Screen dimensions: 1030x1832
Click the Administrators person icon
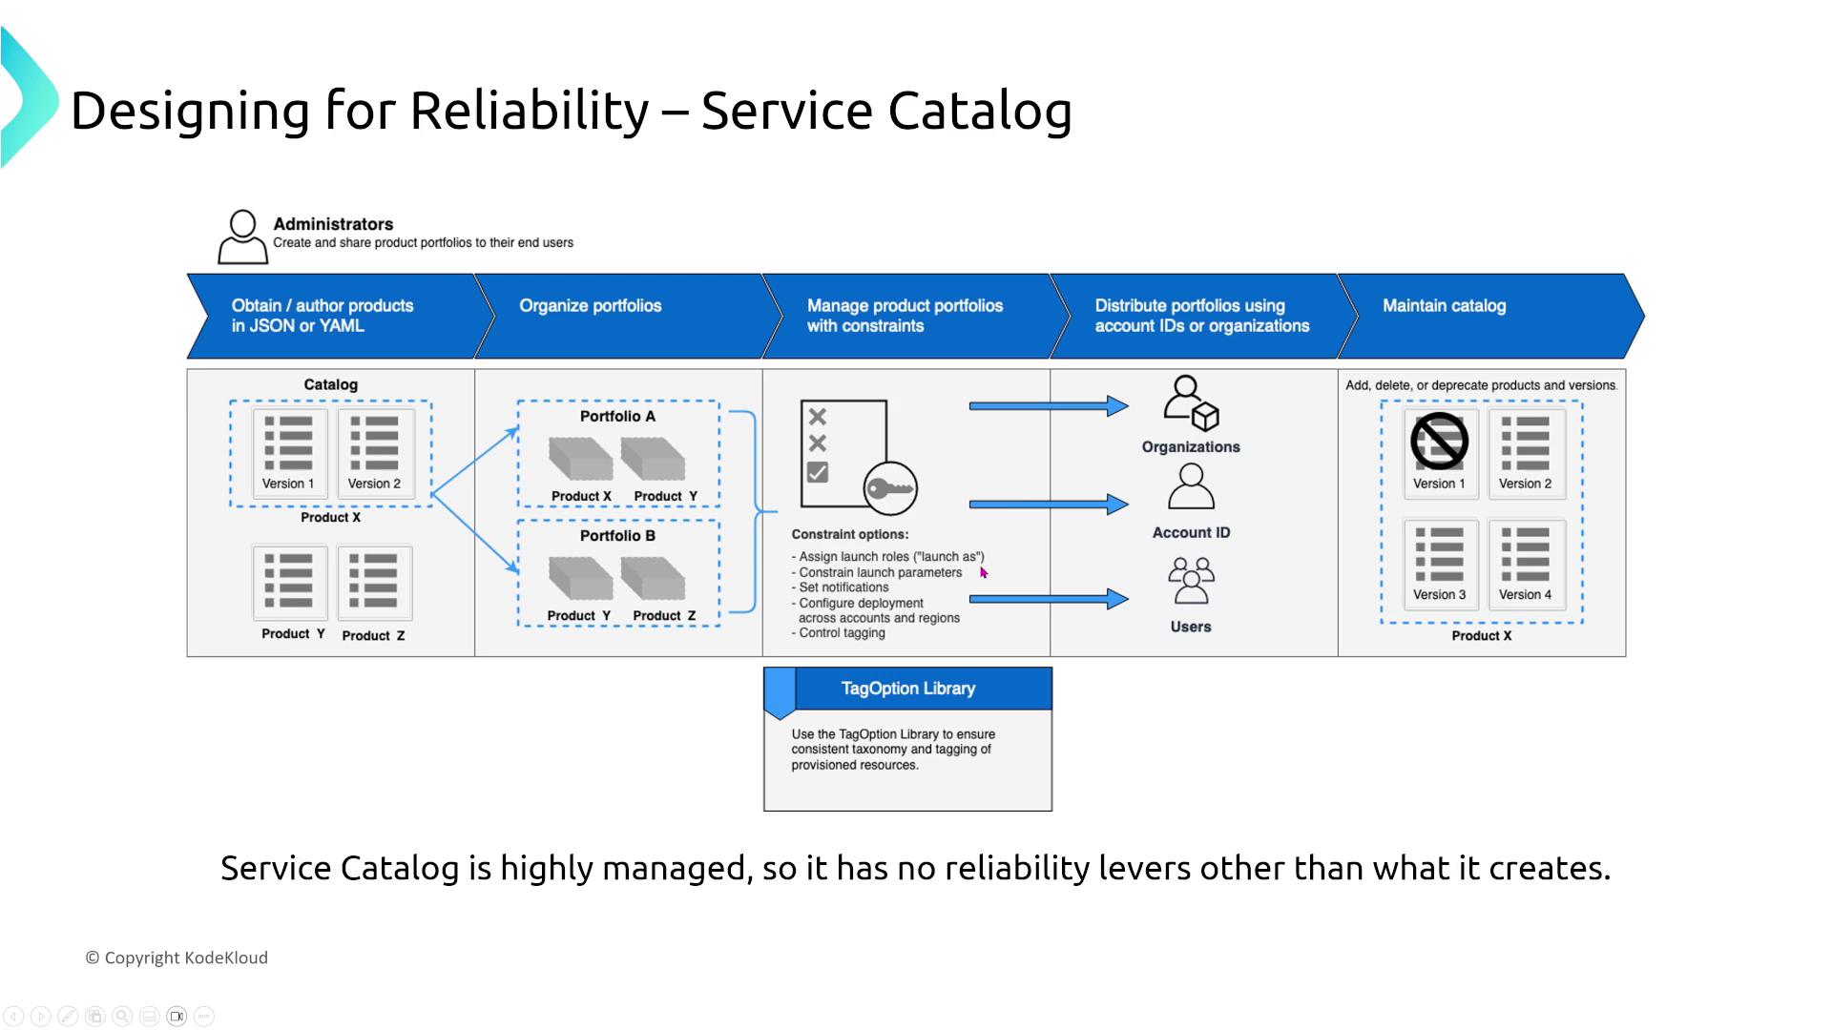242,237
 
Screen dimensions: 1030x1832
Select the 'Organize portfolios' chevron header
590,306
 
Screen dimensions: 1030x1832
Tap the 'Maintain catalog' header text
1444,306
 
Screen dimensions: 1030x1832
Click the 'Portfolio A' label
617,417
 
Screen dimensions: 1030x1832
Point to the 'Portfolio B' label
617,536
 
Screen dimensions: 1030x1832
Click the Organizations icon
1191,402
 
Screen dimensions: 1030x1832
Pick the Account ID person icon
1191,487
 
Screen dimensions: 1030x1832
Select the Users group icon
1191,580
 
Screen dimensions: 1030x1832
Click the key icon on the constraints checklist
890,489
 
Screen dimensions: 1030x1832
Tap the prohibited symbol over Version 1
1439,442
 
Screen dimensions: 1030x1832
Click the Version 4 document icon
1525,555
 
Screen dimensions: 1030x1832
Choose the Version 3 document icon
1439,555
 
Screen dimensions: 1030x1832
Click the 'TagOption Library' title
907,689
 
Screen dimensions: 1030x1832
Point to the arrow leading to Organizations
1048,406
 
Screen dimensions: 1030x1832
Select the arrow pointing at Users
1048,599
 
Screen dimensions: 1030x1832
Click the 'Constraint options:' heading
849,535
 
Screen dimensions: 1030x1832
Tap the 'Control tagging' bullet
842,633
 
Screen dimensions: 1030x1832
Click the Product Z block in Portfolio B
654,579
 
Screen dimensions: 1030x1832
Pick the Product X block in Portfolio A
580,459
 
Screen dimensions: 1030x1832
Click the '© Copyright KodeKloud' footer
177,958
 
